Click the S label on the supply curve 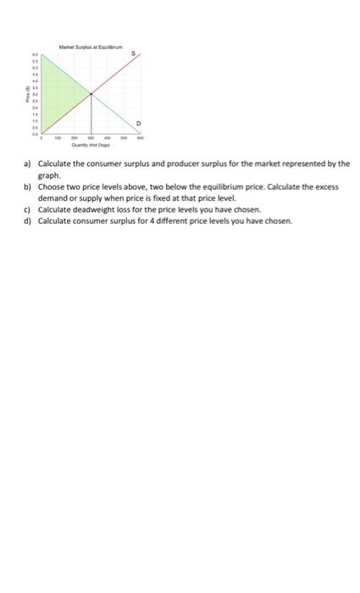click(x=134, y=53)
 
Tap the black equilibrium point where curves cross click(x=91, y=93)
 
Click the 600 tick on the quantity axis click(x=141, y=138)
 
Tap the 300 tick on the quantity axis click(x=91, y=138)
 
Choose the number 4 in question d click(x=136, y=220)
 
